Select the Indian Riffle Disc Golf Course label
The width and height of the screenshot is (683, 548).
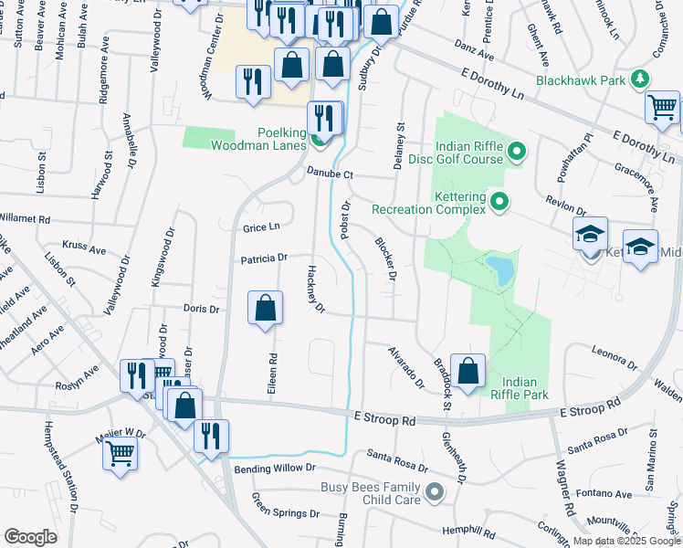click(x=469, y=153)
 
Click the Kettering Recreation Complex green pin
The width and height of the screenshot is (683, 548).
click(x=499, y=201)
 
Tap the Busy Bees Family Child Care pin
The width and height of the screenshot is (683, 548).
click(x=435, y=493)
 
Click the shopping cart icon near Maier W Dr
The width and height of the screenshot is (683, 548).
click(x=121, y=453)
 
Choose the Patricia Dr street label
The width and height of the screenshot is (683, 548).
click(x=264, y=258)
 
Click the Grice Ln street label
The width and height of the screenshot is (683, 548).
click(x=260, y=227)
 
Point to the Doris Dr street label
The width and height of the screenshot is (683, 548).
click(x=201, y=309)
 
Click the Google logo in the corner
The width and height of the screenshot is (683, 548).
click(x=30, y=537)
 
